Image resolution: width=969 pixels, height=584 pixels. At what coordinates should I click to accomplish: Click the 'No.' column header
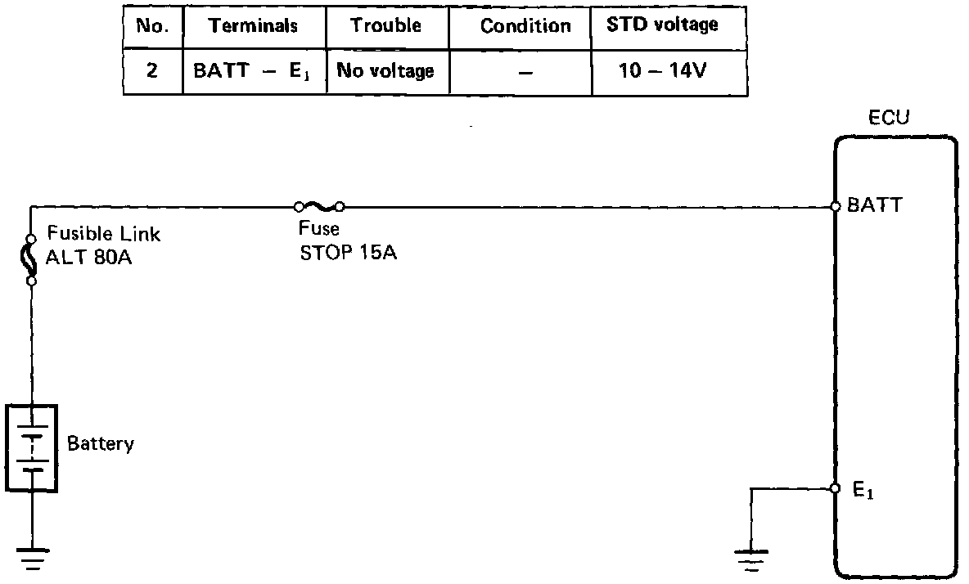click(x=152, y=25)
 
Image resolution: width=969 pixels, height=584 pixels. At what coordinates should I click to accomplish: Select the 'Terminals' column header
click(x=254, y=25)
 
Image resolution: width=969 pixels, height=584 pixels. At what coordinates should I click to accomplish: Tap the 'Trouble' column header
click(x=386, y=25)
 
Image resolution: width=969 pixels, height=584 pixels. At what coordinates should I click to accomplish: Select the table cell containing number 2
click(x=152, y=70)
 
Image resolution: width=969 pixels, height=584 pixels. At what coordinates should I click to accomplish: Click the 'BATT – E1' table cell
click(x=254, y=70)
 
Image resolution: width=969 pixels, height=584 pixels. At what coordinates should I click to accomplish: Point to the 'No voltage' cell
click(x=386, y=71)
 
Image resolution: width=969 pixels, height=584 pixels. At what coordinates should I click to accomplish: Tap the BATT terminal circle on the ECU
click(x=836, y=206)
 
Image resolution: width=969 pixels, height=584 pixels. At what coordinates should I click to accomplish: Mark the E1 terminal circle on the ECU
click(x=836, y=488)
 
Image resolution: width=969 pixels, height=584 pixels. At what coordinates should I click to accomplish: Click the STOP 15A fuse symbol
click(x=320, y=206)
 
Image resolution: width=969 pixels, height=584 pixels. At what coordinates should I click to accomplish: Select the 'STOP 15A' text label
click(x=348, y=252)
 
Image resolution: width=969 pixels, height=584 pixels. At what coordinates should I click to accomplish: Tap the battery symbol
click(x=32, y=447)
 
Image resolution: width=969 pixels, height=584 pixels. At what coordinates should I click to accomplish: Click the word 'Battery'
click(x=101, y=444)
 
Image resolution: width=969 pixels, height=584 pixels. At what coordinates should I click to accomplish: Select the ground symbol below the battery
click(x=32, y=556)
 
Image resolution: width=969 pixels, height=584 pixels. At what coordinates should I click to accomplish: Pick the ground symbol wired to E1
click(x=750, y=559)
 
